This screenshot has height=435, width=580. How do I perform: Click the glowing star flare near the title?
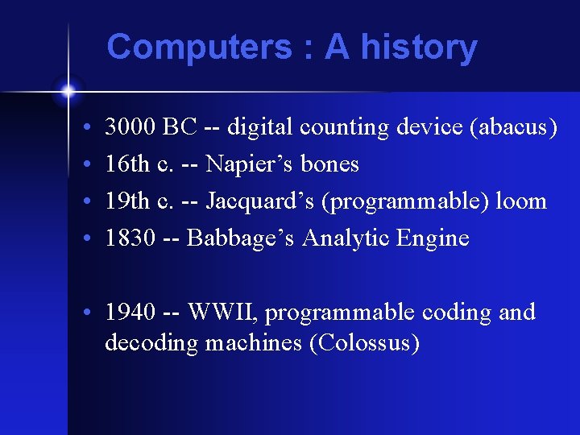click(x=68, y=91)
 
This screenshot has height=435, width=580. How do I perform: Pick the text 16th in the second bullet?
click(x=127, y=164)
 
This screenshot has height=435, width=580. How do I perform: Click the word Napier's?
click(x=250, y=164)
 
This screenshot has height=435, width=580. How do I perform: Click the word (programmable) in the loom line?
click(x=401, y=201)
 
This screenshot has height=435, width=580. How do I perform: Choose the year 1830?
click(x=129, y=238)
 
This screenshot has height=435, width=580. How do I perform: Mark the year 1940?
click(x=130, y=313)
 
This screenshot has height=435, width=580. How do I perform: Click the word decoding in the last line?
click(x=151, y=343)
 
